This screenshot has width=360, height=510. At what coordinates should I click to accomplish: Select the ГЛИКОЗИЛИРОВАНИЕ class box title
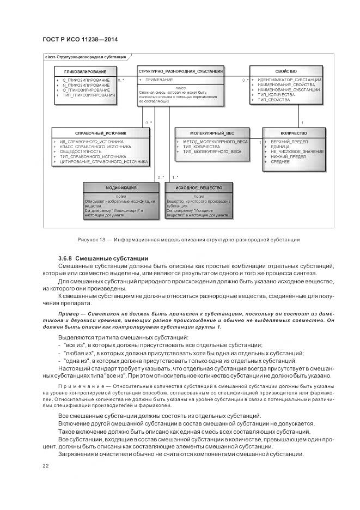[x=85, y=71]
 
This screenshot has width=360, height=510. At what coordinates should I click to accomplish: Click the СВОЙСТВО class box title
[x=286, y=71]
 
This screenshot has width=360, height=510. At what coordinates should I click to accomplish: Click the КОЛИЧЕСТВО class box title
[x=294, y=133]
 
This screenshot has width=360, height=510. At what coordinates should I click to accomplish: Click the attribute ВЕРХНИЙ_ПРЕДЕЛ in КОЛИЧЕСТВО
[x=289, y=142]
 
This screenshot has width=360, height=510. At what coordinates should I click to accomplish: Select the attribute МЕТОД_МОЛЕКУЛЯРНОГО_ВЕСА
[x=211, y=142]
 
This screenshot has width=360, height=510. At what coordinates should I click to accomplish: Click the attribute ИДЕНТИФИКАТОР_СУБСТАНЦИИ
[x=289, y=80]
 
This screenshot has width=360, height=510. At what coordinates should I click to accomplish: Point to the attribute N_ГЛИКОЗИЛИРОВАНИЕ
[x=86, y=85]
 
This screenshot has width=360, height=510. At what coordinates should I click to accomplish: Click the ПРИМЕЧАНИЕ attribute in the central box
[x=159, y=80]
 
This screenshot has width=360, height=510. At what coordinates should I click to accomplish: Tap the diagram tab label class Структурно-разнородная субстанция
[x=85, y=57]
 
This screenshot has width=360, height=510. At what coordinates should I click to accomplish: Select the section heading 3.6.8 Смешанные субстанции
[x=103, y=258]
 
